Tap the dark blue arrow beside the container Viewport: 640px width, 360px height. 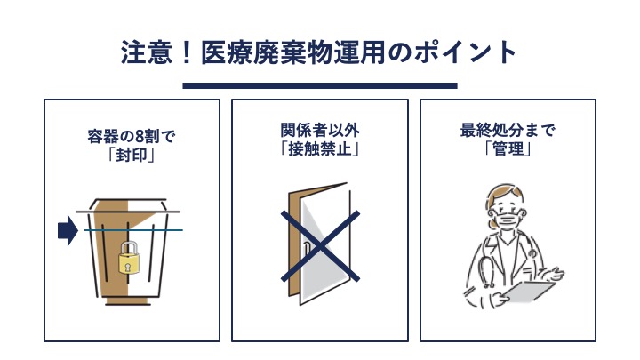pos(68,230)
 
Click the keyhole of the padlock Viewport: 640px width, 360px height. pos(128,267)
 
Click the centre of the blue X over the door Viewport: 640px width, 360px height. pos(320,246)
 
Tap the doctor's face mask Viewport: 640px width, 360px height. pos(508,220)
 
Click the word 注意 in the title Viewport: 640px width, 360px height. pos(146,52)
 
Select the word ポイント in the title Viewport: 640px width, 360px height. pos(465,52)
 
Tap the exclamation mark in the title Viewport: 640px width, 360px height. pos(187,52)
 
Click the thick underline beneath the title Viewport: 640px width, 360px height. pos(320,85)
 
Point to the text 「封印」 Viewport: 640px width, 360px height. pos(131,156)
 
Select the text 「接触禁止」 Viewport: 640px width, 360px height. pos(320,149)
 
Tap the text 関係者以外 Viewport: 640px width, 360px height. pos(320,130)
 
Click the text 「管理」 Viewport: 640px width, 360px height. pos(508,149)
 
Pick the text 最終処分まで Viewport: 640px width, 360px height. pos(508,130)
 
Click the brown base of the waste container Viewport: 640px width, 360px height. pos(127,302)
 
